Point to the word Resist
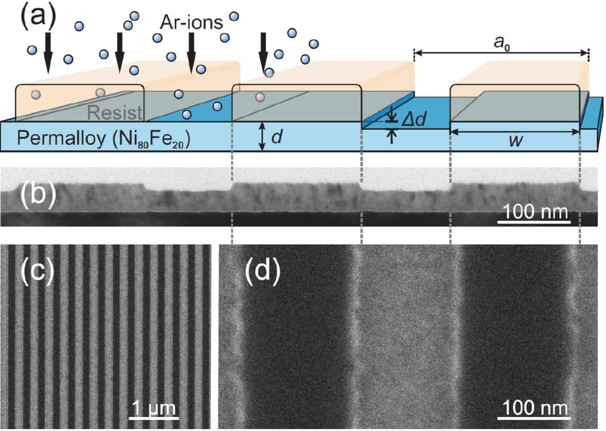point(115,113)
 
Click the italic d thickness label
point(277,137)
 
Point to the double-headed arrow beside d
point(262,136)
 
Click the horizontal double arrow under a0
point(501,53)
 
